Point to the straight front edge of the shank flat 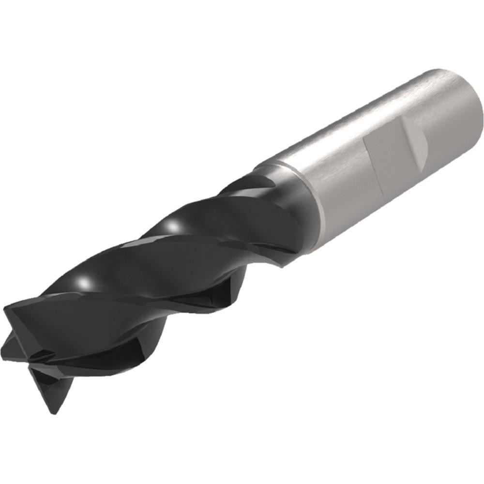(x=372, y=162)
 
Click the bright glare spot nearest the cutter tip (x=86, y=282)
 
